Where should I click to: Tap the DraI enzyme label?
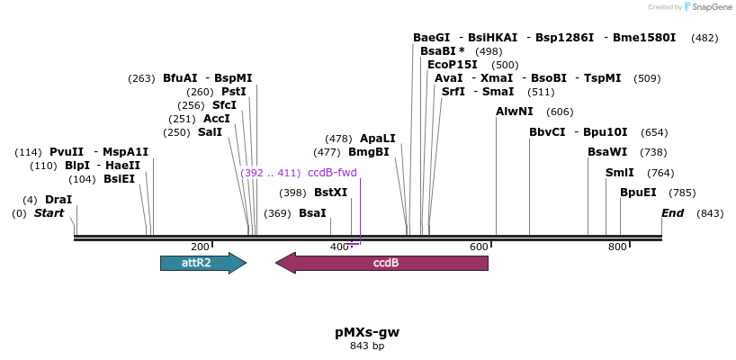pos(58,199)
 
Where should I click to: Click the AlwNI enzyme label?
pos(515,112)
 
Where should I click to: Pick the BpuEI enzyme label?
pos(638,192)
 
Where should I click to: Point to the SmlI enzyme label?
pos(620,172)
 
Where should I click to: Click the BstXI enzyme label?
pos(330,192)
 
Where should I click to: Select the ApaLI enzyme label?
pos(378,139)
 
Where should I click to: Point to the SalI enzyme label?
pos(210,131)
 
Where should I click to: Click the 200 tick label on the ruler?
pos(200,247)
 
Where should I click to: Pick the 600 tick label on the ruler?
pos(479,247)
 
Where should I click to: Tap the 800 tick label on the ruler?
pos(617,247)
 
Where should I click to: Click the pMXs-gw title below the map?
pos(367,331)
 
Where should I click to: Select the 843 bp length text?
pos(367,346)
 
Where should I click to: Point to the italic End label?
pos(673,212)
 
